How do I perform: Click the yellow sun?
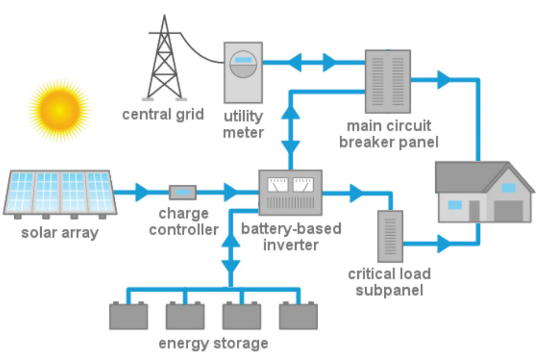(59, 107)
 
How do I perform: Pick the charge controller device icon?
(183, 193)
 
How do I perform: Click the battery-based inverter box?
(290, 192)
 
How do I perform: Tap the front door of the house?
(474, 210)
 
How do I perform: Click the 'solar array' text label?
(59, 232)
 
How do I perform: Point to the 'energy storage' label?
(213, 343)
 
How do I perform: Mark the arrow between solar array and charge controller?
(141, 192)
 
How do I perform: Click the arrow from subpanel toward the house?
(444, 245)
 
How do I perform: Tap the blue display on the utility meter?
(243, 59)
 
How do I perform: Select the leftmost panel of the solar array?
(21, 192)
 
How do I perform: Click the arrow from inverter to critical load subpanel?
(356, 193)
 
